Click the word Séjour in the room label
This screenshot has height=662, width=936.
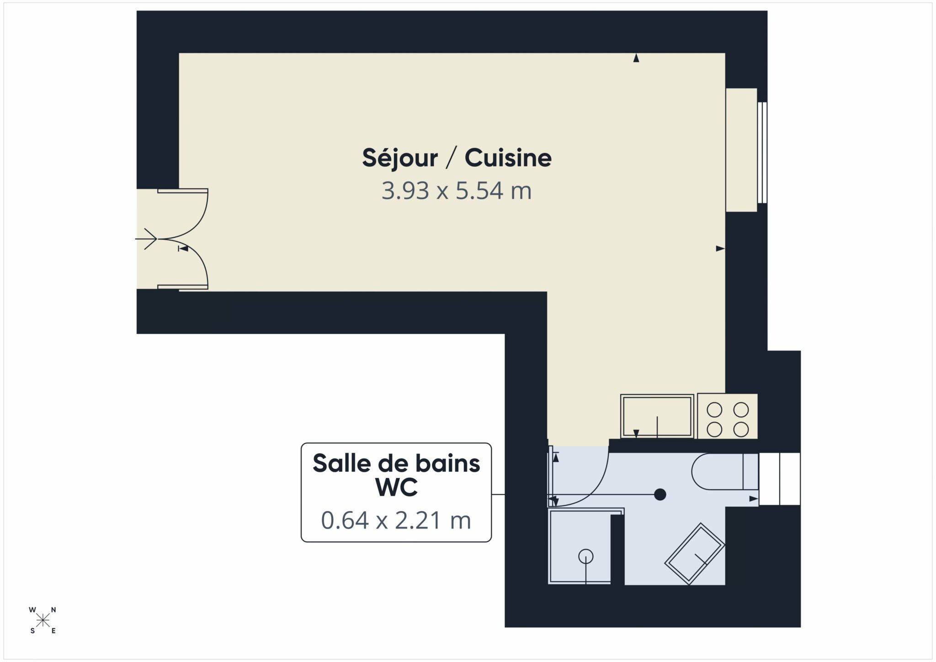(x=400, y=158)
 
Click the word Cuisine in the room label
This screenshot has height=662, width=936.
(x=508, y=158)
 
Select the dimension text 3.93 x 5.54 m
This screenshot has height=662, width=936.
(x=457, y=191)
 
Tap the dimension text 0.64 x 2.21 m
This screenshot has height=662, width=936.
(x=396, y=520)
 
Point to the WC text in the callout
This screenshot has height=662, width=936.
(x=396, y=487)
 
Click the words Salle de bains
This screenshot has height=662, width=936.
(x=396, y=464)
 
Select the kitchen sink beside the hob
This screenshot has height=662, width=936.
(x=657, y=416)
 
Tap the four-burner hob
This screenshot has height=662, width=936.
(x=728, y=416)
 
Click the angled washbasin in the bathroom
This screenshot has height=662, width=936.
(x=695, y=554)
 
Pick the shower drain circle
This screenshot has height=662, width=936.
(x=585, y=556)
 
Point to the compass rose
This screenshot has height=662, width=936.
(x=43, y=620)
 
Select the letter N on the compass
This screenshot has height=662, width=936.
(x=53, y=610)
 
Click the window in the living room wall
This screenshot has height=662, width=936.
(x=762, y=152)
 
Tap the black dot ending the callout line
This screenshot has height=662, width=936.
(x=659, y=494)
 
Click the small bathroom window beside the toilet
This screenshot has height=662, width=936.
(x=779, y=479)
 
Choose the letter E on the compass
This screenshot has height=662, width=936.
(x=53, y=631)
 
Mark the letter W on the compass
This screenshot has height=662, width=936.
(x=32, y=610)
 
